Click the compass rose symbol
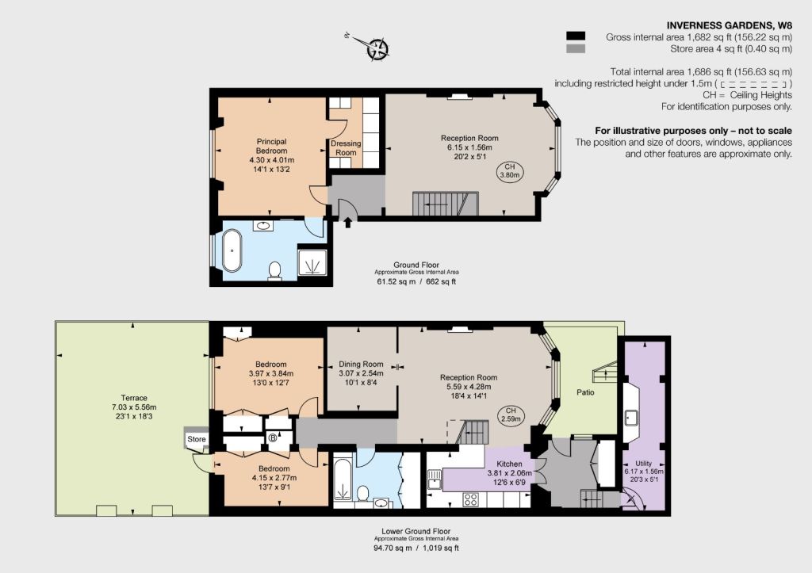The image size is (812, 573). coord(377,50)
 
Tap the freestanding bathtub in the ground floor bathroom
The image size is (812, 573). coord(232,250)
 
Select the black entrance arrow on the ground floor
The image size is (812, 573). coord(348,222)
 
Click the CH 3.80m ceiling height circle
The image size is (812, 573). coord(510,171)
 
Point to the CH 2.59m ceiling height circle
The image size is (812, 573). coord(510,415)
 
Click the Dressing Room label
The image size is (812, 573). coord(346,148)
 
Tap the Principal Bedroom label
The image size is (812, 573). coord(271,146)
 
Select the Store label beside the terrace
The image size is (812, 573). coord(197,439)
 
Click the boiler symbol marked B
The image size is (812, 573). coord(273,438)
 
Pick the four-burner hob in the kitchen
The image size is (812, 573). coord(471,499)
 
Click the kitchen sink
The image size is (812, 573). coord(434,479)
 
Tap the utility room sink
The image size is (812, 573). coord(631,417)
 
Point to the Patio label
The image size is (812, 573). coord(585,392)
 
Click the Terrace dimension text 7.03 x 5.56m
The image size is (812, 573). coord(134,407)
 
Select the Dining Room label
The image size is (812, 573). coord(361,364)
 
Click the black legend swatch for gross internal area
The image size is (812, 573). coord(576,36)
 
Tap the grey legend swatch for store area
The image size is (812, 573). coord(576,48)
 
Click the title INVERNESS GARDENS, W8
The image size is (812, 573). coord(730,25)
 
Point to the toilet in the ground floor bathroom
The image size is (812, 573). coord(275,270)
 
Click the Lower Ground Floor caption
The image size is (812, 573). coord(416,531)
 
